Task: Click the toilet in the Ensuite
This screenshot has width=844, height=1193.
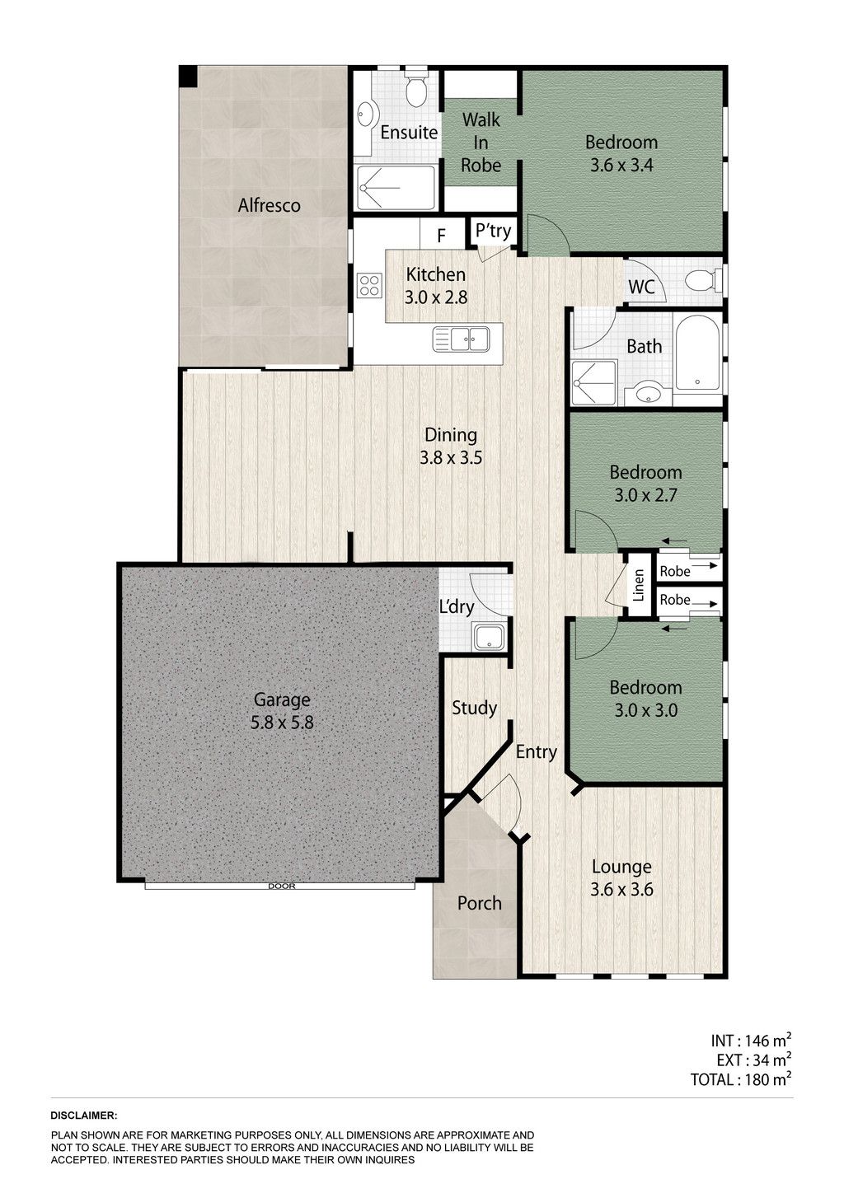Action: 415,88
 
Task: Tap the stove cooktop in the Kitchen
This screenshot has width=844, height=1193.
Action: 370,284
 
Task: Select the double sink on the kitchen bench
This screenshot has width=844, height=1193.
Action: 461,339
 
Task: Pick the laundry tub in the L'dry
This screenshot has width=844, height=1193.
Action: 490,637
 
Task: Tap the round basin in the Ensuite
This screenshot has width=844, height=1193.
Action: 365,113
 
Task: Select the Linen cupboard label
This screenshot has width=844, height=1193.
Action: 638,585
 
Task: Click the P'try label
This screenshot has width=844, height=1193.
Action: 493,232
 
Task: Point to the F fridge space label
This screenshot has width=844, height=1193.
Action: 441,236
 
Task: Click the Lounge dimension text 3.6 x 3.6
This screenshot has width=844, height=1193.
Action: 621,890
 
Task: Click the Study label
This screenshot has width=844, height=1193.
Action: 474,709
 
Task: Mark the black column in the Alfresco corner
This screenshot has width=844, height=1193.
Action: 188,76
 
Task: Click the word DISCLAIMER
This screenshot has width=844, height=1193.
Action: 84,1115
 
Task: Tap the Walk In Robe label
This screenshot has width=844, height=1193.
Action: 481,143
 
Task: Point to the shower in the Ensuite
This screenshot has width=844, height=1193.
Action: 396,188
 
